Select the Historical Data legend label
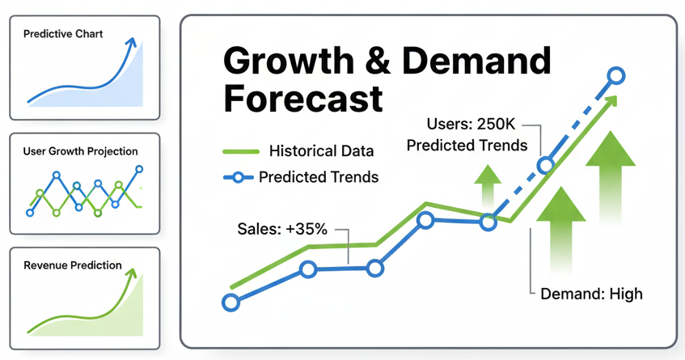click(x=321, y=151)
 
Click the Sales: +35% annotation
click(x=282, y=229)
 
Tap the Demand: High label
click(x=591, y=293)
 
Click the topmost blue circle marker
click(x=615, y=76)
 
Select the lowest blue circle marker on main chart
click(x=230, y=303)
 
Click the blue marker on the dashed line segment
click(x=546, y=166)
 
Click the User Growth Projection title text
click(x=81, y=151)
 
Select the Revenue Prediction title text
click(x=73, y=265)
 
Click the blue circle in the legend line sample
click(x=238, y=177)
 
